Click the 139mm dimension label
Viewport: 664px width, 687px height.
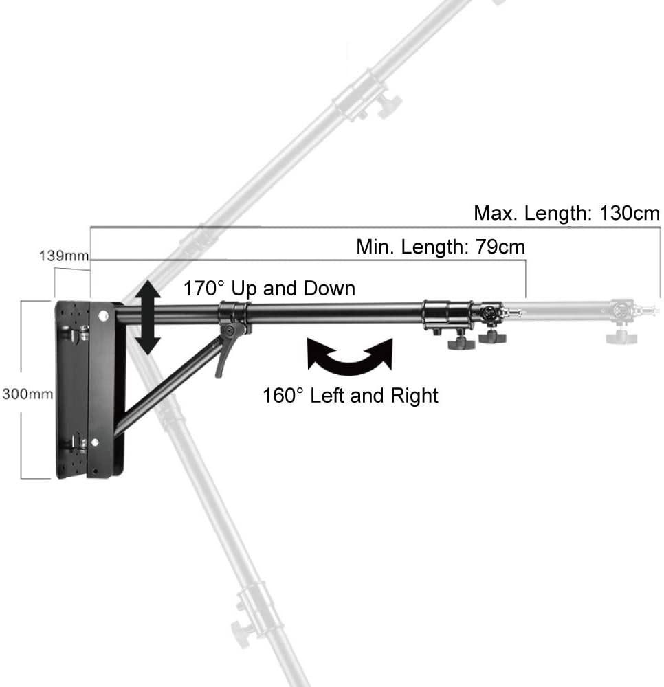click(64, 256)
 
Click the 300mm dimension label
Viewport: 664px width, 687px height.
click(27, 394)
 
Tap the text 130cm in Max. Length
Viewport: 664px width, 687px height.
click(630, 214)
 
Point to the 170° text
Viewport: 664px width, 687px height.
click(203, 289)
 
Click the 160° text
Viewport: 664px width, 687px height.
click(283, 395)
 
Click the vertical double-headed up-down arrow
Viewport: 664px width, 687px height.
click(148, 317)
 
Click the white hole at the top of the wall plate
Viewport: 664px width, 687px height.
click(103, 315)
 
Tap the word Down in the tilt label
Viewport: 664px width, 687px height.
click(329, 289)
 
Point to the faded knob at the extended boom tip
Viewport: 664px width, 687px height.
click(621, 337)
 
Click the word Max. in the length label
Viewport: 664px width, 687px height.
click(496, 214)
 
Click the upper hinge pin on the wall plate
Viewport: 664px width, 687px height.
click(80, 334)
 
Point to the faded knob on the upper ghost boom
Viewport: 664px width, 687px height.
click(388, 105)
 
